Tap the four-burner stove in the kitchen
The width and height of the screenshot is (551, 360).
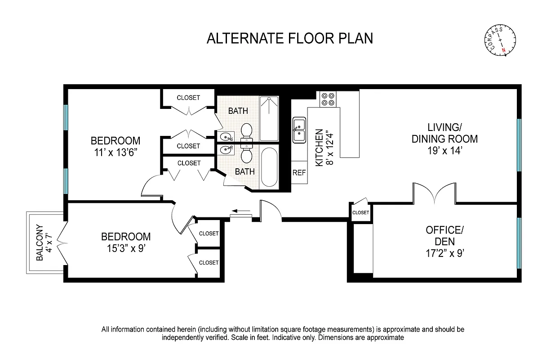coord(328,99)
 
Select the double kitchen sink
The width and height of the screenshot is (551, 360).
coord(299,130)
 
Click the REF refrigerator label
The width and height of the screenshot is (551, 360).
coord(299,173)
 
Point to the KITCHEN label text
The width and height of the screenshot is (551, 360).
coord(319,148)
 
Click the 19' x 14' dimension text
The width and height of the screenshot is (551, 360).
coord(444,151)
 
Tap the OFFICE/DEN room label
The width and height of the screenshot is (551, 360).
coord(444,236)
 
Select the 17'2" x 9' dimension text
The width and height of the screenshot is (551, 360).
coord(444,253)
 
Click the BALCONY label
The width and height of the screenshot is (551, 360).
coord(40,243)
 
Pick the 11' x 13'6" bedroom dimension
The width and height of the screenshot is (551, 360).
coord(115,153)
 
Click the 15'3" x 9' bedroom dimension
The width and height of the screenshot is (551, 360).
coord(125,248)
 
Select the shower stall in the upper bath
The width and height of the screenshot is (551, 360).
coord(270,118)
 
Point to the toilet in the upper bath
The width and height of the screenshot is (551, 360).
coord(246,131)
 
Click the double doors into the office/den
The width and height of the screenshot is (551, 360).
coord(434,193)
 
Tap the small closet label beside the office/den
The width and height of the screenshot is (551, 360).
coord(360,213)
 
